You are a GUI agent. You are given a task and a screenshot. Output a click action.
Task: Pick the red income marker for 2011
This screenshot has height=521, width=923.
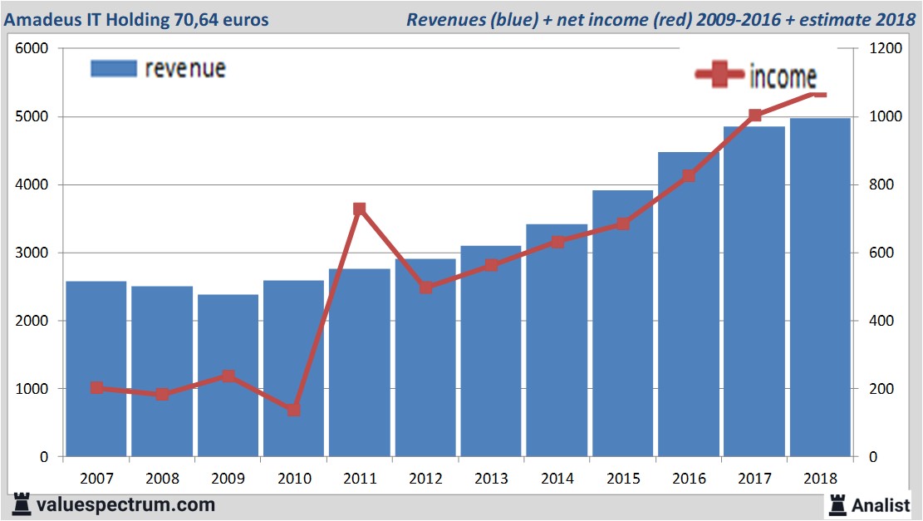click(359, 209)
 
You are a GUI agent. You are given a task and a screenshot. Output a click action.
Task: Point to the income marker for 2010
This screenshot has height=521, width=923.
click(293, 410)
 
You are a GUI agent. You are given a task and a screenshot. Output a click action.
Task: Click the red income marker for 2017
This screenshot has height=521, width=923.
click(754, 116)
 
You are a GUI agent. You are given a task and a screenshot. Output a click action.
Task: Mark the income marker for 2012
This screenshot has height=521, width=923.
click(425, 288)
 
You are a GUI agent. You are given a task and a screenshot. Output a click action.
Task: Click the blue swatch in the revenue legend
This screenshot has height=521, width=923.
click(113, 68)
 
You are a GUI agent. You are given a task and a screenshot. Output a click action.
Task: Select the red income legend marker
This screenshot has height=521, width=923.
click(719, 76)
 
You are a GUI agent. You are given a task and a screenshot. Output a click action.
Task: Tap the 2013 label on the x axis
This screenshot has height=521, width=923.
click(491, 479)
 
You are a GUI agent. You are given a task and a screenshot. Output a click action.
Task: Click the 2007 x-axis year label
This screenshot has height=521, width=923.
click(96, 479)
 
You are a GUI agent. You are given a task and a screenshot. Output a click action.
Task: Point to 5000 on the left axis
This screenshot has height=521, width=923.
click(32, 116)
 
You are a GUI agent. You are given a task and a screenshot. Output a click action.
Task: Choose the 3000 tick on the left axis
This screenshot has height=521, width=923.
click(32, 253)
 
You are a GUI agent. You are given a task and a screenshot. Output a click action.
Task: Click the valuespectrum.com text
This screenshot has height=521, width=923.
click(125, 504)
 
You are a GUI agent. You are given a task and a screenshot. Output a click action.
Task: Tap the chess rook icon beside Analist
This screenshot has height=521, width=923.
click(838, 504)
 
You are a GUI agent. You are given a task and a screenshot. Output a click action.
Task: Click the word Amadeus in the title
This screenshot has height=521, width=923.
click(41, 18)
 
